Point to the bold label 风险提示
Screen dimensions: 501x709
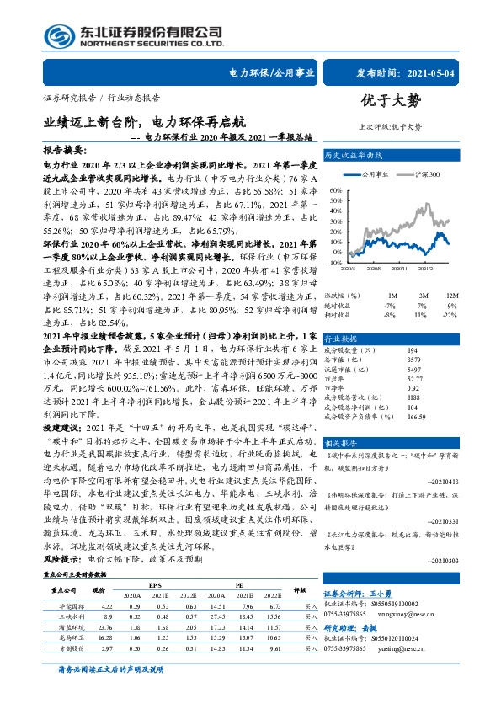61,558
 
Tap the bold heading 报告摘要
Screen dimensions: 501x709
63,147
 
